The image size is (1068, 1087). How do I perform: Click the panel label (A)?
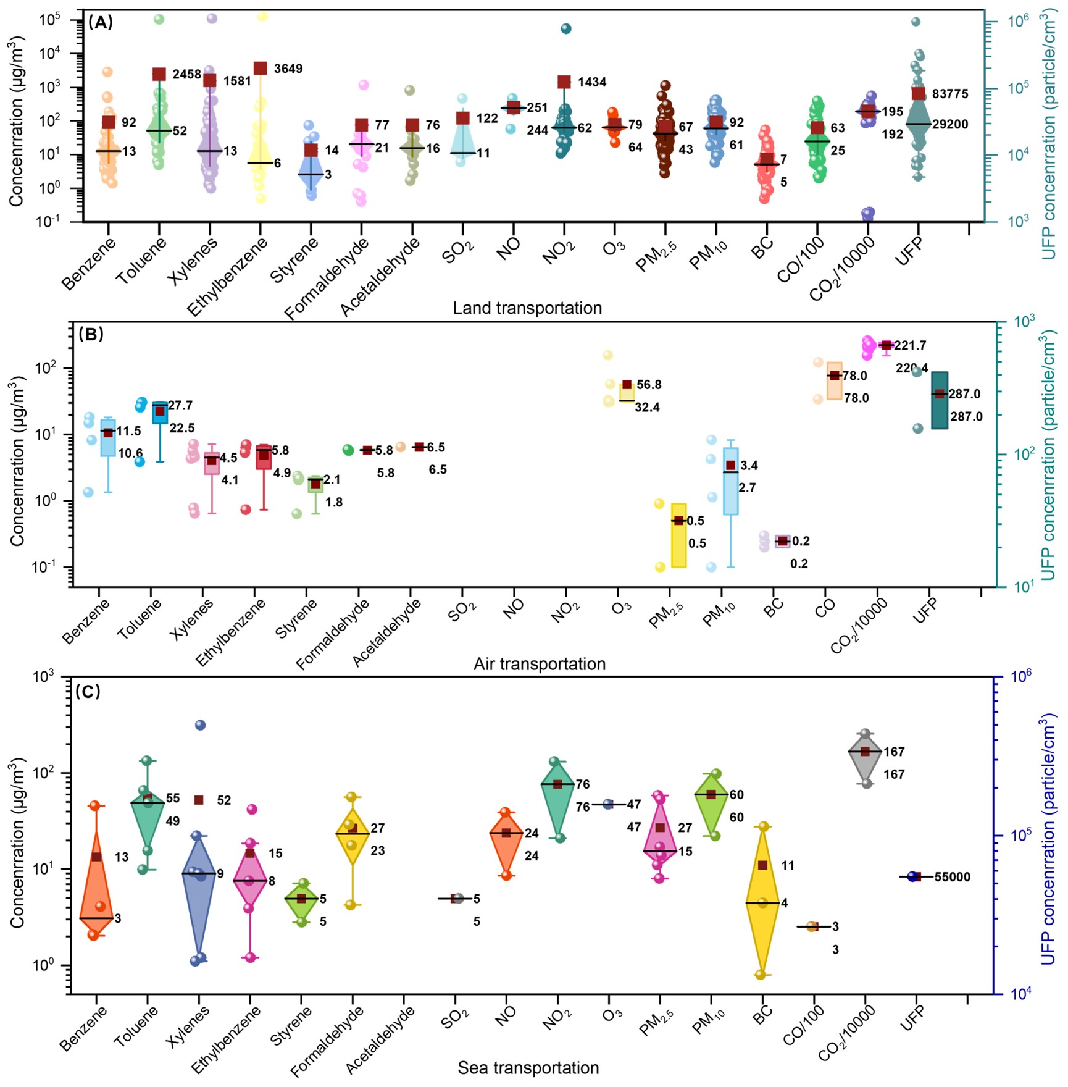[100, 23]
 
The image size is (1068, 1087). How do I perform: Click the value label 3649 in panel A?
[288, 69]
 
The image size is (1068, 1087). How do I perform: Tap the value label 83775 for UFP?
[950, 94]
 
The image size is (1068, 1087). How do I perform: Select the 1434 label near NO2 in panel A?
[591, 82]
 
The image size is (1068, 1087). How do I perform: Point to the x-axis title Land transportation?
[527, 308]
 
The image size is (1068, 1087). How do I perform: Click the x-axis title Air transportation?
[539, 664]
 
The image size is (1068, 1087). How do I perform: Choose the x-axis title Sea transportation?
[528, 1068]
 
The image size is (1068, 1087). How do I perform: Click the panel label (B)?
[91, 335]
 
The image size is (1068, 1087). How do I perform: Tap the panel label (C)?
[88, 691]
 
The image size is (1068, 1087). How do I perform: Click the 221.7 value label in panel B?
[910, 345]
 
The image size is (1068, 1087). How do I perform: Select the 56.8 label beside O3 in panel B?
[649, 385]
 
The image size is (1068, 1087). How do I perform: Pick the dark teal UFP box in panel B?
[940, 400]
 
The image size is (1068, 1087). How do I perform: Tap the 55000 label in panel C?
[952, 877]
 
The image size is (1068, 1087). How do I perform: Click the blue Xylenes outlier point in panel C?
[200, 725]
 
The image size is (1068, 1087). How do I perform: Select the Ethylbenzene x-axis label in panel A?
[227, 276]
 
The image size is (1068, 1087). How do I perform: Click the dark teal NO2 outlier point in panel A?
[565, 28]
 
